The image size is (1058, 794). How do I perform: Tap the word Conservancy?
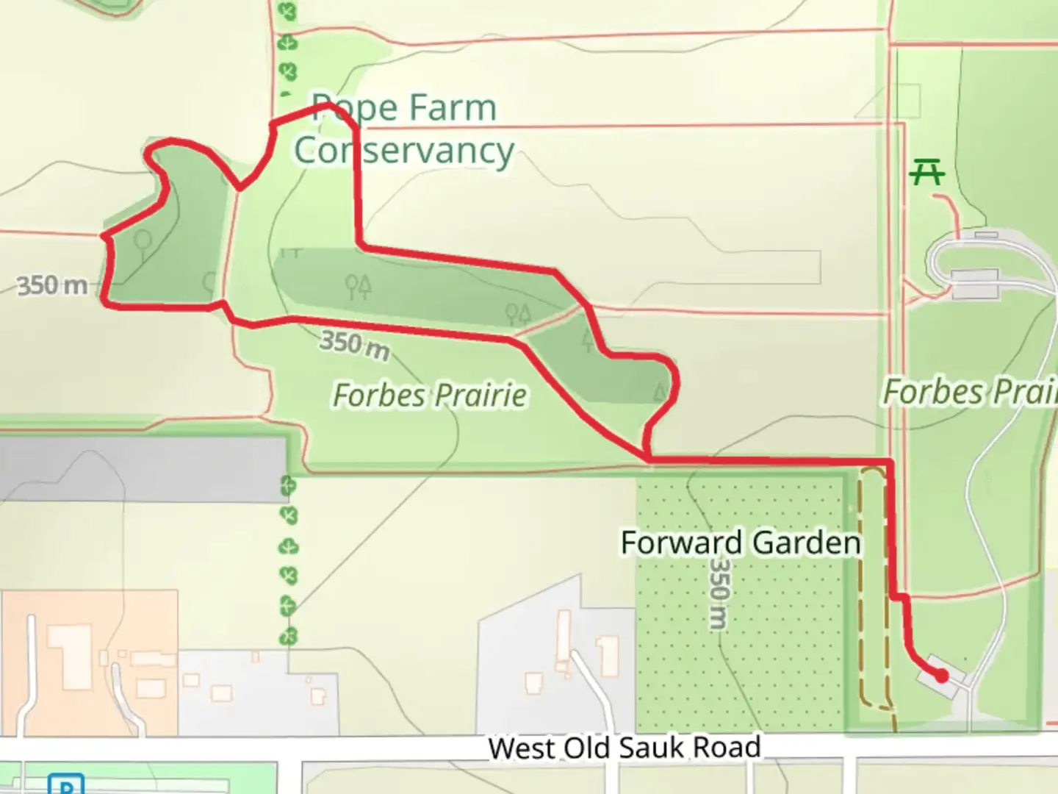click(403, 151)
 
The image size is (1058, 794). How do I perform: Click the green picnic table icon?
click(926, 174)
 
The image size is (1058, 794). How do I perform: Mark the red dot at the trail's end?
click(941, 675)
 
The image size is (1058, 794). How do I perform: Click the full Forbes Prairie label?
click(430, 396)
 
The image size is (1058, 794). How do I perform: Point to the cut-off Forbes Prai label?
click(969, 392)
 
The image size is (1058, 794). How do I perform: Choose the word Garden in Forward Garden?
click(807, 543)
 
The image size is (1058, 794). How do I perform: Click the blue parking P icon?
click(66, 784)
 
